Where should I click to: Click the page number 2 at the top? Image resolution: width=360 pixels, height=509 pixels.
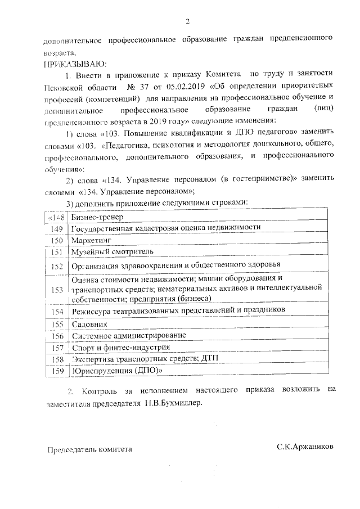187,21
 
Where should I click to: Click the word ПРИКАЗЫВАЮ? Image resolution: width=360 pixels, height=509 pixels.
74,63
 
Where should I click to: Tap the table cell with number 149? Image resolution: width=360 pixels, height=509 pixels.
56,229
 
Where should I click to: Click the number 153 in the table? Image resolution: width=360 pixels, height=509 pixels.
56,290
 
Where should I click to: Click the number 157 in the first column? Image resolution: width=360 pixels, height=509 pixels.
56,348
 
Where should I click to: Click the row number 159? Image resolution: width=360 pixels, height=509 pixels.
56,371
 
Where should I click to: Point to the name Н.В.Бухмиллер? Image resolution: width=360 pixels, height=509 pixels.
171,403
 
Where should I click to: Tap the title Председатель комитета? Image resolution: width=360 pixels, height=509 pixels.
89,449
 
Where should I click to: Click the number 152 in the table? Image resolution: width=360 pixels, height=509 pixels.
56,266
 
